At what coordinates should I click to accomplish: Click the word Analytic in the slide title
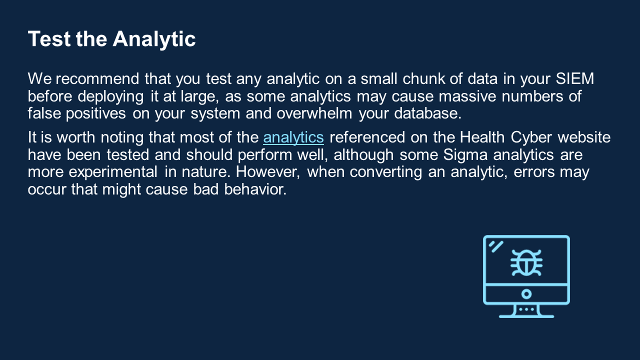point(154,39)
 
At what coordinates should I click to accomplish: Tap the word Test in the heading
point(49,38)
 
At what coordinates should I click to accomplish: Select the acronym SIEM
point(575,78)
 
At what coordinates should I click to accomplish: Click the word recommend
point(97,78)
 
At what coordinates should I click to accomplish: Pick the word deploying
point(110,96)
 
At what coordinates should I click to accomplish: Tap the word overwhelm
point(314,113)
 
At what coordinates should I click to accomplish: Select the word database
point(427,113)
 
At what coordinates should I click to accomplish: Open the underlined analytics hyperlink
point(293,137)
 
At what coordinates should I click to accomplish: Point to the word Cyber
point(531,137)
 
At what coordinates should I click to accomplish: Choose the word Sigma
point(465,155)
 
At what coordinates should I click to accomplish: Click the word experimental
point(113,172)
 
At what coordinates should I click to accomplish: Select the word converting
point(385,172)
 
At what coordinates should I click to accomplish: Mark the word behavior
point(255,189)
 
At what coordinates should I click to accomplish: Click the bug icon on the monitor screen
point(526,263)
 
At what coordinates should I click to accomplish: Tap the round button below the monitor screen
point(526,294)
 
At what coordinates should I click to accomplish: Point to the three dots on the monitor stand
point(526,309)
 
